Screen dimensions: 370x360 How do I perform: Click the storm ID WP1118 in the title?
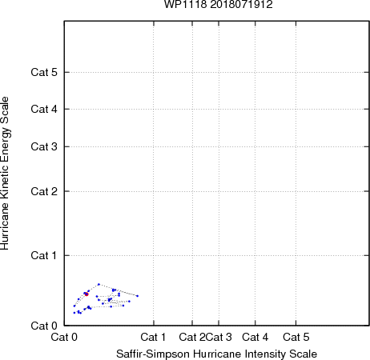(x=185, y=4)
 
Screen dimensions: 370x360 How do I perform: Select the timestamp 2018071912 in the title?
(x=241, y=4)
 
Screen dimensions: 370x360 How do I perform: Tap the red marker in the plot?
(x=86, y=294)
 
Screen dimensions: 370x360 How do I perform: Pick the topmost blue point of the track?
(x=99, y=284)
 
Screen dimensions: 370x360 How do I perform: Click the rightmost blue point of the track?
(x=138, y=296)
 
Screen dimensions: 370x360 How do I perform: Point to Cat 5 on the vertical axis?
(x=44, y=72)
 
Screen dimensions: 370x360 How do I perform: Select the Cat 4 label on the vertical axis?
(x=44, y=109)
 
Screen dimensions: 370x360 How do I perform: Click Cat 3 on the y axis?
(x=44, y=146)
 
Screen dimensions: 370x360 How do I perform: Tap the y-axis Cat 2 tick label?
(x=44, y=191)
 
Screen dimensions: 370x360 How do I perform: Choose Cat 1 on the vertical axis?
(x=44, y=255)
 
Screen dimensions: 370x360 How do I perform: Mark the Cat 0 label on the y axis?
(x=44, y=326)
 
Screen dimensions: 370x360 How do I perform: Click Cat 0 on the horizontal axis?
(x=64, y=337)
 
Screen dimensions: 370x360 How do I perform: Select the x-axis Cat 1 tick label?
(x=153, y=337)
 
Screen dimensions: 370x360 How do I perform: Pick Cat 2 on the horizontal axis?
(x=192, y=337)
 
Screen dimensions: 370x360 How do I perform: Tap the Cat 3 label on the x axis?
(x=219, y=337)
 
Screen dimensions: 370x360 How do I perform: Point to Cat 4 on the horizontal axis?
(x=255, y=337)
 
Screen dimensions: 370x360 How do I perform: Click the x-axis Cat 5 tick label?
(x=296, y=337)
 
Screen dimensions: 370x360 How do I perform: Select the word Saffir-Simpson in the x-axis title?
(x=153, y=354)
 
